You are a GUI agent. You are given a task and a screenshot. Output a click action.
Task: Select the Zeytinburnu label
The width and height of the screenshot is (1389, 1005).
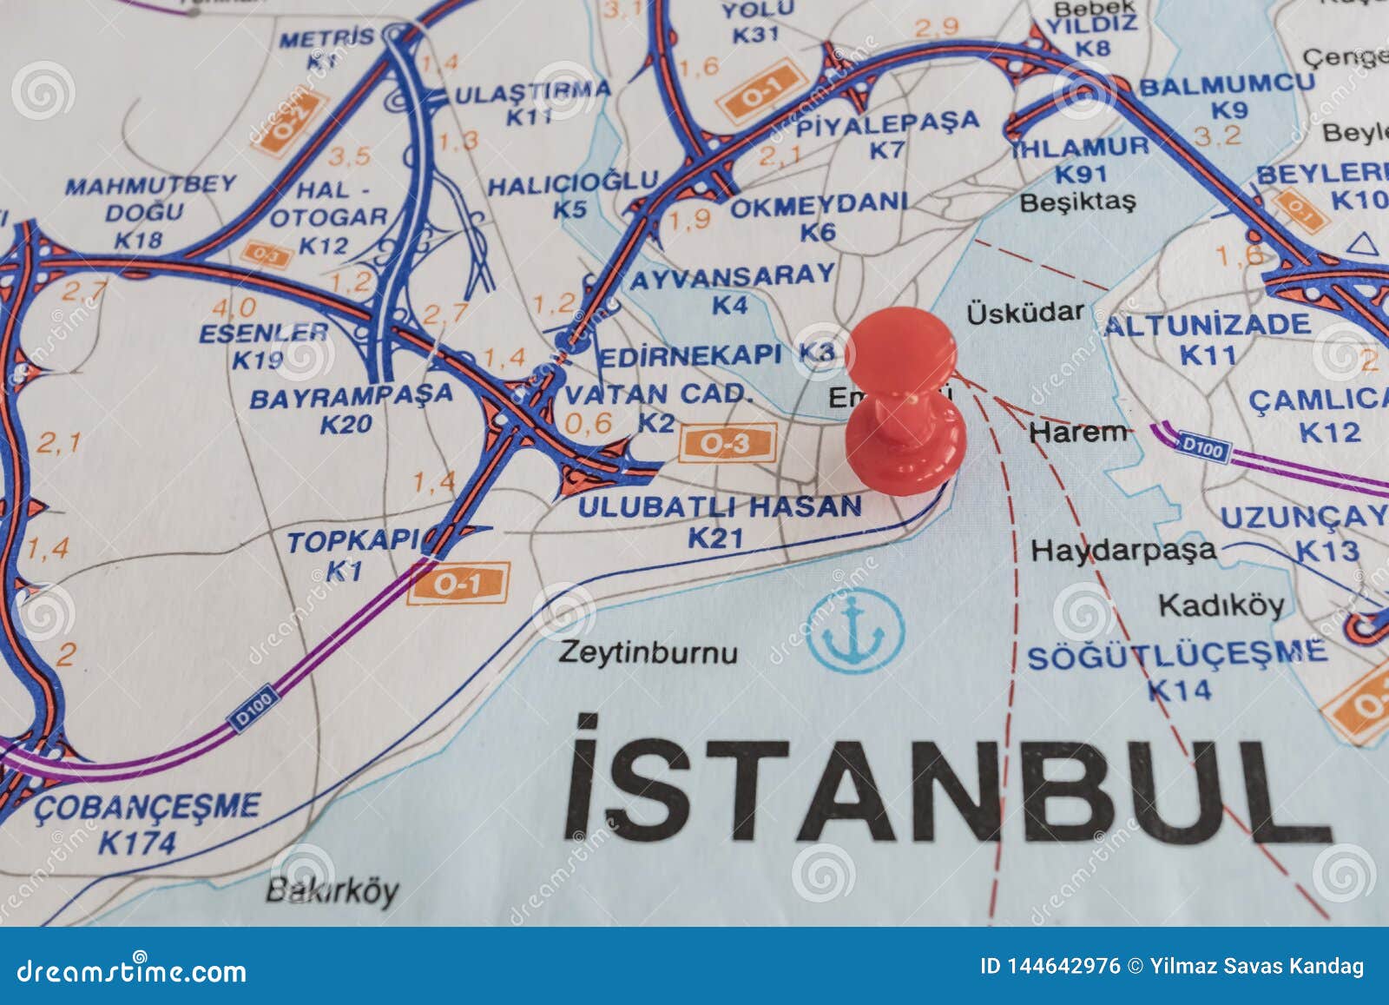coord(648,651)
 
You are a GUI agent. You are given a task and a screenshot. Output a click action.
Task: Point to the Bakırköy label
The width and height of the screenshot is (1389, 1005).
coord(332,890)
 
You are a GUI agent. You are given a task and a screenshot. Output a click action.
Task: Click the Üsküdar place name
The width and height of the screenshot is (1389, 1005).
coord(1025,313)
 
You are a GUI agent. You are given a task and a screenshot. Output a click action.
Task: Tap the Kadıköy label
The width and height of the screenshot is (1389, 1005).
coord(1221,605)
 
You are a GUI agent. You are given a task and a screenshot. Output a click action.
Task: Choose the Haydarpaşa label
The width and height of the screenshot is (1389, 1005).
coord(1123,550)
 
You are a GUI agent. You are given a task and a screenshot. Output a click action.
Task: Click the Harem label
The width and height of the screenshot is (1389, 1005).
coord(1078,431)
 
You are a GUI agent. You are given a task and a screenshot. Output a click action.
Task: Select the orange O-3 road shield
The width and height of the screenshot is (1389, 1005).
coord(725,444)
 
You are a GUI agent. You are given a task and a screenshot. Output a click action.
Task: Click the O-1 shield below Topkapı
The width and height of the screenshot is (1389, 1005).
coord(458,583)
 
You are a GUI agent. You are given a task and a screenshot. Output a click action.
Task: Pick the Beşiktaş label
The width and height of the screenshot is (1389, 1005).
coord(1077,202)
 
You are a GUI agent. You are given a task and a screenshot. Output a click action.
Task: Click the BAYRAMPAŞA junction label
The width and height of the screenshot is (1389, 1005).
coord(351,395)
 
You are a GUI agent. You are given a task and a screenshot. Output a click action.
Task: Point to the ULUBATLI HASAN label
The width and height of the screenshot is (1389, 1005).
coord(720,506)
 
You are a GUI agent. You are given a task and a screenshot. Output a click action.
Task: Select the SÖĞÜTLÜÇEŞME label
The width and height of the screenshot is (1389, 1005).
coord(1177,653)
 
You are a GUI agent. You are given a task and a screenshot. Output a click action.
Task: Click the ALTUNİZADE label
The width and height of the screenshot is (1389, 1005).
coord(1208,326)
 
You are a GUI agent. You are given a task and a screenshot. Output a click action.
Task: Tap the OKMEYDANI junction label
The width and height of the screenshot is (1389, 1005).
coord(818,206)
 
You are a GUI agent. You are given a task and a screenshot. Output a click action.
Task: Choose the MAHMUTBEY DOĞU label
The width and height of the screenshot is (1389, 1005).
coord(150,198)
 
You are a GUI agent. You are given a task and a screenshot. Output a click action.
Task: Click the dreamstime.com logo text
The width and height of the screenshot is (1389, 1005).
coord(132,970)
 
